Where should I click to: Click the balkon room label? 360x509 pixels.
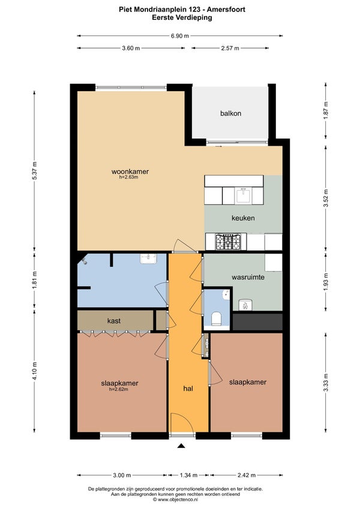(230, 113)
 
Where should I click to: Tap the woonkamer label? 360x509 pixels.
(130, 171)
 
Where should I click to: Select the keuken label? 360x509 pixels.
(243, 218)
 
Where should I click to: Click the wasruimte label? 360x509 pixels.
(248, 277)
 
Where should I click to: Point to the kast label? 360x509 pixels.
(114, 321)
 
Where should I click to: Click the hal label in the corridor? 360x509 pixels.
(188, 388)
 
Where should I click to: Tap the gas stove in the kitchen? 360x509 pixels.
(228, 242)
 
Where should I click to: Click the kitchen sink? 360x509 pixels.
(243, 195)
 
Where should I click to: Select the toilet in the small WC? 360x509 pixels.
(217, 318)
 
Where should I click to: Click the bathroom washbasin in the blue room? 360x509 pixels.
(148, 259)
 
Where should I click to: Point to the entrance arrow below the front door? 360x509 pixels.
(181, 446)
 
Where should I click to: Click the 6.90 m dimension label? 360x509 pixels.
(179, 36)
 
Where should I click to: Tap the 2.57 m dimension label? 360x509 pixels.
(230, 49)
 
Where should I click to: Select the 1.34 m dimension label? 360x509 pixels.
(188, 475)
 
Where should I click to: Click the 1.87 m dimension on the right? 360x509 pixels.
(326, 110)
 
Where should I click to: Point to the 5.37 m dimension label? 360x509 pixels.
(35, 170)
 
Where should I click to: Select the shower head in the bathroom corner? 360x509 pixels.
(85, 260)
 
